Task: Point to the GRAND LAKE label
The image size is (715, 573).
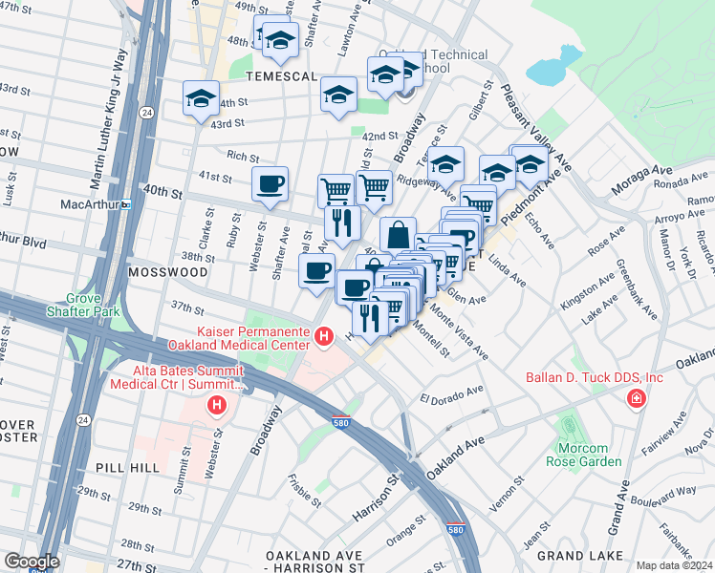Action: tap(574, 555)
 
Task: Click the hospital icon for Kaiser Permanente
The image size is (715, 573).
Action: tap(324, 336)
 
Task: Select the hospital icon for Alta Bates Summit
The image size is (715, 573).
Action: tap(217, 406)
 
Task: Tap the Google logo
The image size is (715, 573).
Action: tap(32, 562)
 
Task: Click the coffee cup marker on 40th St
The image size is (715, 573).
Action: tap(270, 182)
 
